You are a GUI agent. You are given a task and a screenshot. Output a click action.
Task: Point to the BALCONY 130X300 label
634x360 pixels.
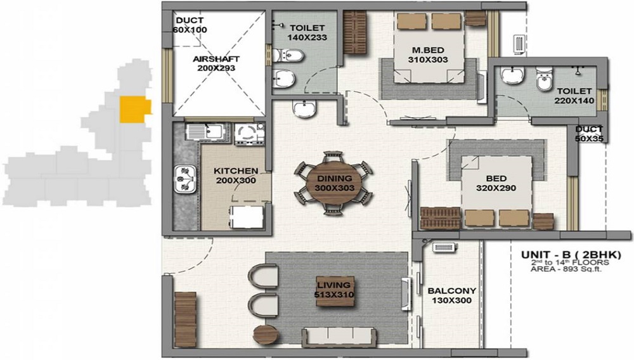click(451, 296)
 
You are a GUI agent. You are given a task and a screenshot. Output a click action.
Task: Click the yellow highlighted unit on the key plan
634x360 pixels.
click(136, 109)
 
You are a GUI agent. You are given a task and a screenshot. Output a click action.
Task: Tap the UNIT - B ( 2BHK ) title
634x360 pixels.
click(571, 254)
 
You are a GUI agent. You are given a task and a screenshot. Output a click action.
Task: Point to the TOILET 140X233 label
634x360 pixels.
click(307, 33)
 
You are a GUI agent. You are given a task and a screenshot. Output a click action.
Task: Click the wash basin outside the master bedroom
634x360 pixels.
click(304, 110)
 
